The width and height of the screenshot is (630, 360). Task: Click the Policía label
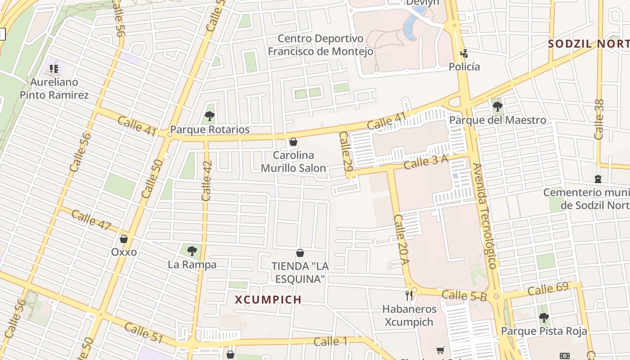[464, 67]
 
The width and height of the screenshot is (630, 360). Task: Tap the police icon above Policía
[464, 54]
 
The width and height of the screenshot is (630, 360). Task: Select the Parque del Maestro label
[498, 120]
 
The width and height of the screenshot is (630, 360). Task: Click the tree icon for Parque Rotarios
[209, 116]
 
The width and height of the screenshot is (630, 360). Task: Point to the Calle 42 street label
[207, 181]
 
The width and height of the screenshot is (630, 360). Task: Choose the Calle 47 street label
[91, 220]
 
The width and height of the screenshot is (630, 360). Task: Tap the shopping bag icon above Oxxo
[124, 239]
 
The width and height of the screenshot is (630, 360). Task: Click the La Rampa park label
[192, 265]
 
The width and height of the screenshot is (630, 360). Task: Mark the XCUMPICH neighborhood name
[268, 300]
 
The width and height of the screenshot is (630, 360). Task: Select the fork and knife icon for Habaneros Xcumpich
[409, 296]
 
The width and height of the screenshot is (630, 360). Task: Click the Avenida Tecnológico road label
[485, 216]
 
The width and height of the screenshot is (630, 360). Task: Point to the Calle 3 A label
[426, 162]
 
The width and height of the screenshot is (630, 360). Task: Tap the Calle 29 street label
[346, 151]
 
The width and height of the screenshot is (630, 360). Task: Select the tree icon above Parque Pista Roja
[544, 318]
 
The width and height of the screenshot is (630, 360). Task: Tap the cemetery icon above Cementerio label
[598, 179]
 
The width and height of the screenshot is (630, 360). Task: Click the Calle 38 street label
[599, 119]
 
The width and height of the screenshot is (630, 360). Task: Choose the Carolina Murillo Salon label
[294, 162]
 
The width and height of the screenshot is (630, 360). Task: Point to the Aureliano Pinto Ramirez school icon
[54, 69]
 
